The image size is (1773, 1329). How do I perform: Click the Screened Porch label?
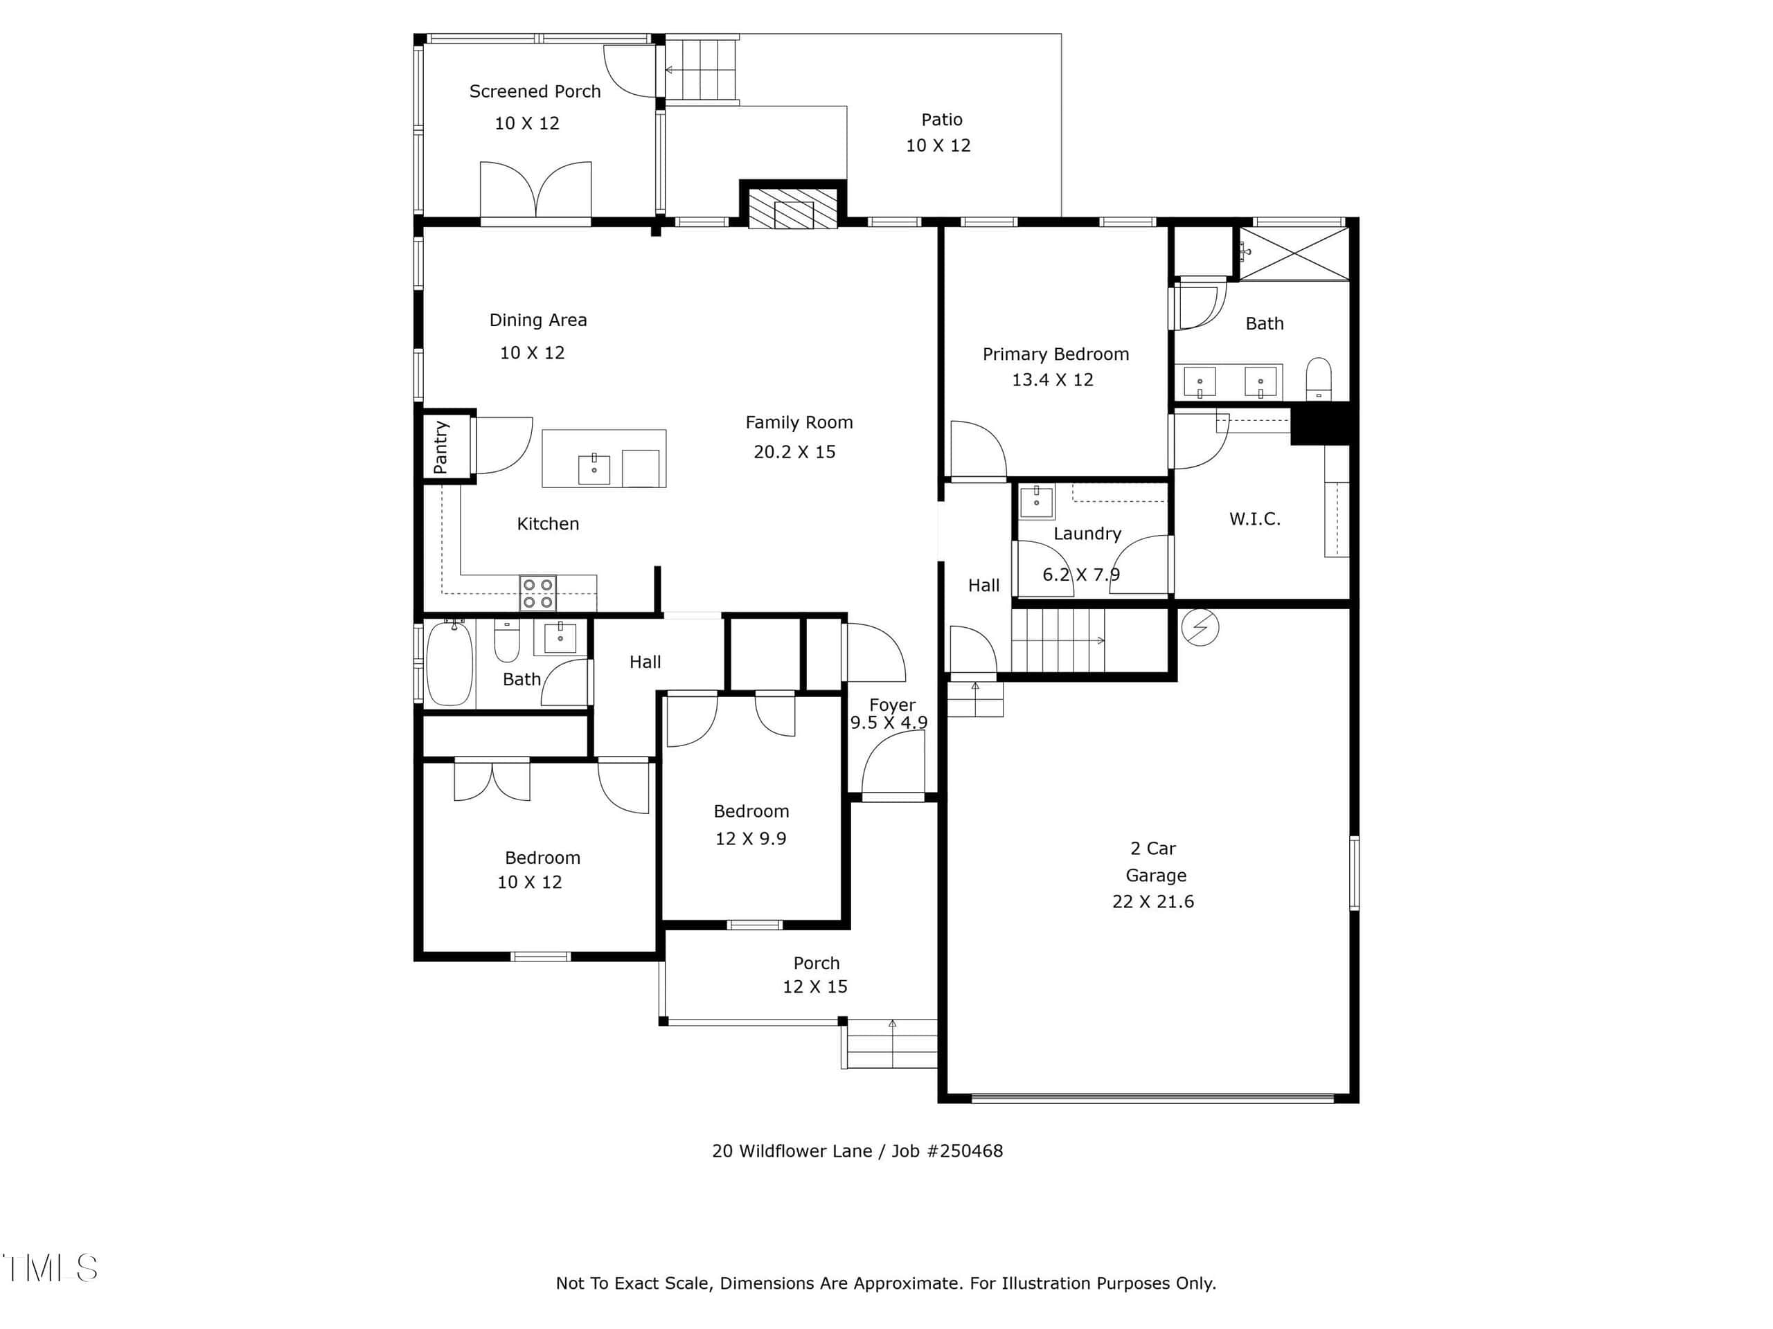point(535,91)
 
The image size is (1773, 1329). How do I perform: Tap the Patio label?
point(941,119)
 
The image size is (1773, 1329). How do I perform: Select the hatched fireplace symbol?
point(793,208)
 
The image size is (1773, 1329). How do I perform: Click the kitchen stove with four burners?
point(537,593)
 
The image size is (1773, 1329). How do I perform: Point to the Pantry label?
point(440,447)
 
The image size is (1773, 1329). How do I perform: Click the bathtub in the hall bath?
point(449,663)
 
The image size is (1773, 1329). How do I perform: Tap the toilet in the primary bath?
point(1319,378)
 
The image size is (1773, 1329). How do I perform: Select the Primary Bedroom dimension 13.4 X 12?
point(1053,380)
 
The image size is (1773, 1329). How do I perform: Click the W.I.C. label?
point(1254,519)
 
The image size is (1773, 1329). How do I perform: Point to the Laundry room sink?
point(1036,501)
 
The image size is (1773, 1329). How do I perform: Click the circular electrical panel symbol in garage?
point(1200,627)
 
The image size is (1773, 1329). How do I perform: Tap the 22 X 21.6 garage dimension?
point(1152,902)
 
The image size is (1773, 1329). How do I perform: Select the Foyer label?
point(892,705)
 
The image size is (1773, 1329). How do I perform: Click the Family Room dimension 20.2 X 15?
point(794,452)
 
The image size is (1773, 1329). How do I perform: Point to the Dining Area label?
point(538,320)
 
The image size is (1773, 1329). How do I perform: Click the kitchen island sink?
point(594,469)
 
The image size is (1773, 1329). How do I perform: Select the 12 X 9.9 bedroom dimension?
point(750,839)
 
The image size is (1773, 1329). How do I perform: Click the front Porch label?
point(816,963)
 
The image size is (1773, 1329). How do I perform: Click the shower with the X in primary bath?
point(1294,254)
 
